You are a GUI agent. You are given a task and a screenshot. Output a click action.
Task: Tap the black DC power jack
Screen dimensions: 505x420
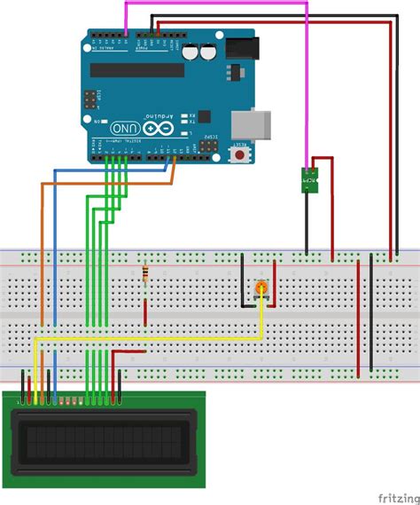[x=241, y=50]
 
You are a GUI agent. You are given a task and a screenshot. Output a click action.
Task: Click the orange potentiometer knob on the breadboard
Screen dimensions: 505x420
[x=261, y=288]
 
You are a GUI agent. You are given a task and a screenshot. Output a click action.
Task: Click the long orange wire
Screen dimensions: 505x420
[x=41, y=257]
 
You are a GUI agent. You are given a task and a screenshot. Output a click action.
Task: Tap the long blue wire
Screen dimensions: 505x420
[x=54, y=257]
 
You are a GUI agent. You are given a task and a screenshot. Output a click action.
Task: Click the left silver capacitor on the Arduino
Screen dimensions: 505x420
[x=193, y=52]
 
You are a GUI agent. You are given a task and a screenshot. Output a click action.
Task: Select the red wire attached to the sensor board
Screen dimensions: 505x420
[x=332, y=204]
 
